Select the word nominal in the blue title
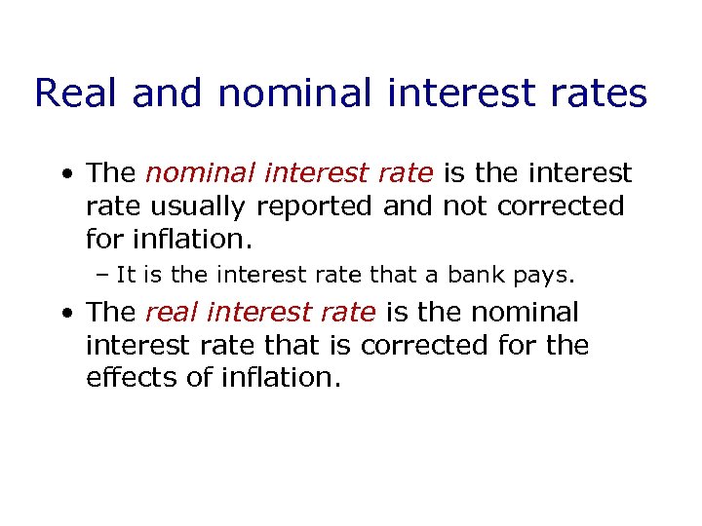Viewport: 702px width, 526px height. pos(293,94)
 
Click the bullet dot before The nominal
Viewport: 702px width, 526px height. pos(65,175)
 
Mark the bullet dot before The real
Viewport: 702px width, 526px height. pos(65,315)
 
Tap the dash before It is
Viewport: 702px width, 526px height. pos(102,276)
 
